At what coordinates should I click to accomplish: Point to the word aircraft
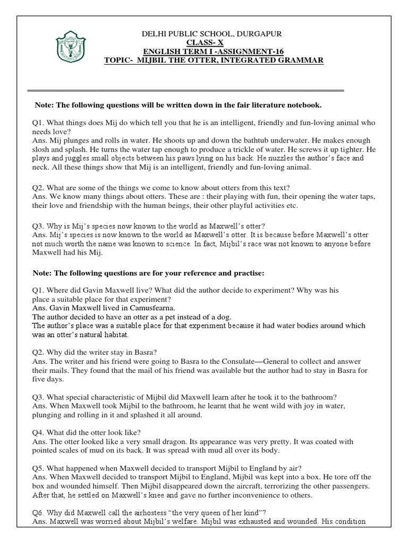(x=249, y=486)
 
